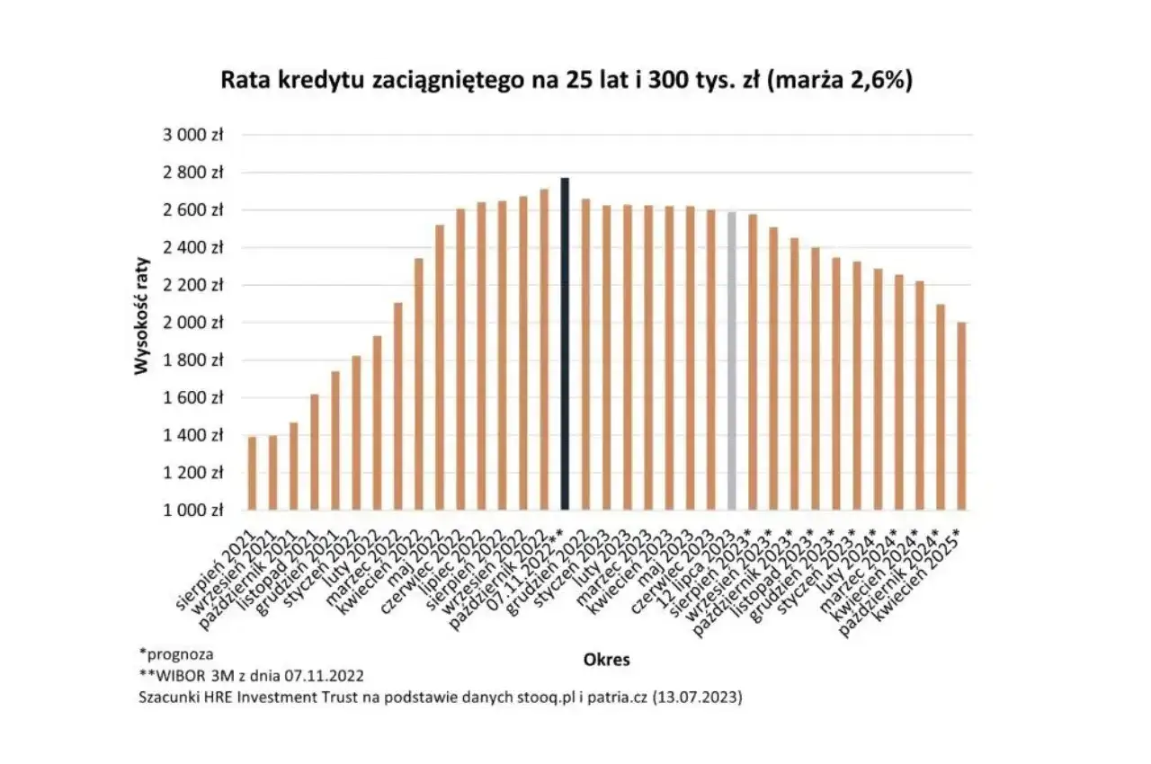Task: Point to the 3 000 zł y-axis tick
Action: point(192,135)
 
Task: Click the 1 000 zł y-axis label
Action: point(192,511)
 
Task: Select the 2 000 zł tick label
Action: point(192,323)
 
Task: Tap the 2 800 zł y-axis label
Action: point(192,173)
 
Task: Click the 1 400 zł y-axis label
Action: point(192,435)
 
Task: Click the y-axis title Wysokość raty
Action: point(142,323)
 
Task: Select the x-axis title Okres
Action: point(606,660)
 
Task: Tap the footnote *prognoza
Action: point(176,653)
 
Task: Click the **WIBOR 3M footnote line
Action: point(251,674)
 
